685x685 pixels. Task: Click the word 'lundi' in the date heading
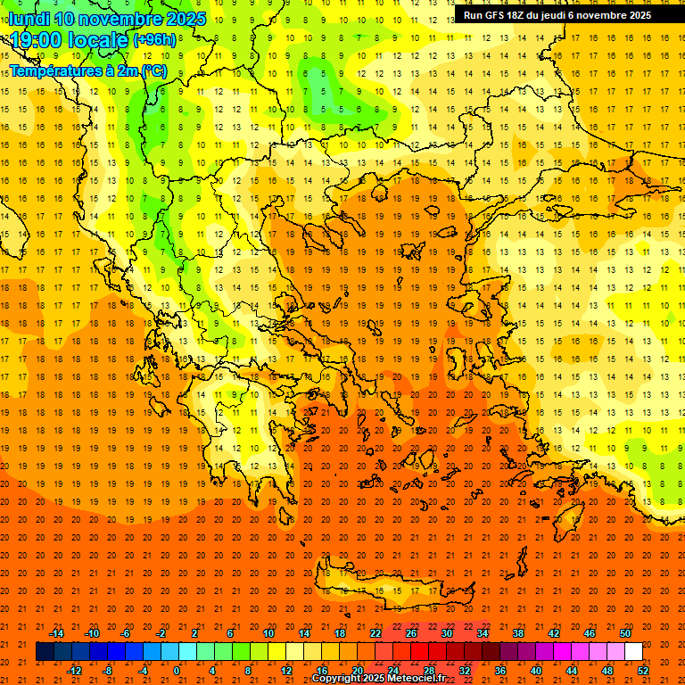click(x=28, y=19)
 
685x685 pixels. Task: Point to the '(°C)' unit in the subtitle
click(x=153, y=70)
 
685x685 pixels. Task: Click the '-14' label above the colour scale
click(x=56, y=633)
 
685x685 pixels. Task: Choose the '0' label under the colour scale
click(x=177, y=671)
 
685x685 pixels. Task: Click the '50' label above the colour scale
click(x=624, y=633)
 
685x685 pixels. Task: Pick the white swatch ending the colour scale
click(x=633, y=652)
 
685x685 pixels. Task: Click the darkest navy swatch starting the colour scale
click(x=45, y=652)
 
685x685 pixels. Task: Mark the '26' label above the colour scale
click(x=411, y=633)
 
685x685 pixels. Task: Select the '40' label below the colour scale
click(x=536, y=671)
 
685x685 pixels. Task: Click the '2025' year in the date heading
click(x=186, y=19)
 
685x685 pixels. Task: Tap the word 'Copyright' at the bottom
click(x=335, y=679)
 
